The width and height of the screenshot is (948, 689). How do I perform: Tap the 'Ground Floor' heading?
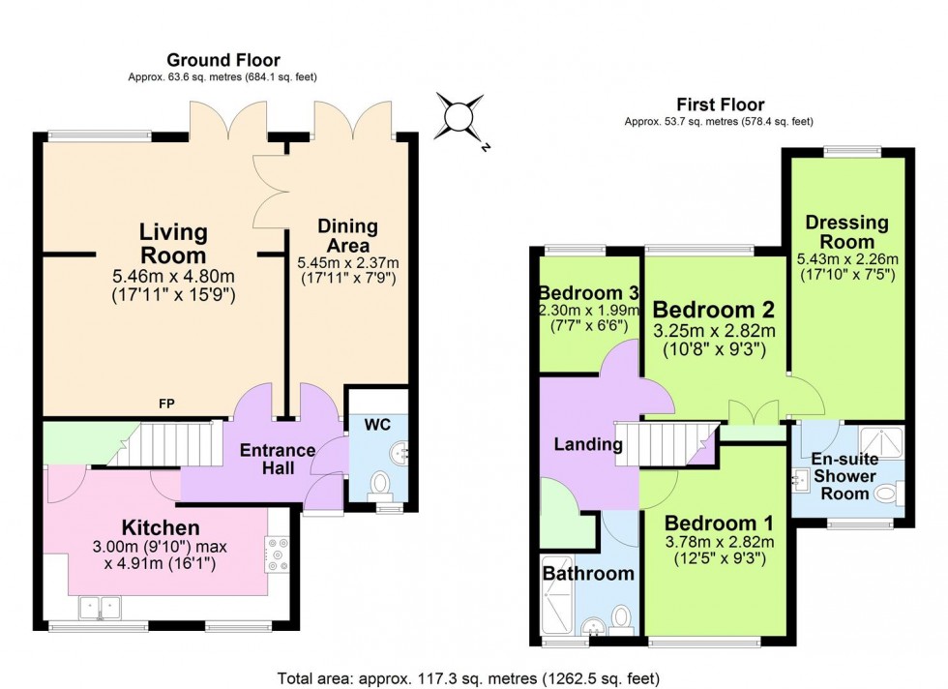pyautogui.click(x=222, y=59)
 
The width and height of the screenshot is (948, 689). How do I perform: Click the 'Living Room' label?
pyautogui.click(x=173, y=244)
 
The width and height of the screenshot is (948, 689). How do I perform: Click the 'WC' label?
pyautogui.click(x=377, y=425)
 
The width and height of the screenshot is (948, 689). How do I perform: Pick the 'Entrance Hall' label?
pyautogui.click(x=277, y=461)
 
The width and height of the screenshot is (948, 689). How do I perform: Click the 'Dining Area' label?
pyautogui.click(x=347, y=236)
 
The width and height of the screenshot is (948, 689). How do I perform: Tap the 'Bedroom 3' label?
pyautogui.click(x=589, y=293)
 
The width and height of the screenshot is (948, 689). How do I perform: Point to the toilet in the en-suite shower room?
pyautogui.click(x=885, y=494)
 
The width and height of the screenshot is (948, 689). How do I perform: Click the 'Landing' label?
pyautogui.click(x=587, y=445)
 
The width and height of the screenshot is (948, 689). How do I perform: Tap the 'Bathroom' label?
pyautogui.click(x=587, y=573)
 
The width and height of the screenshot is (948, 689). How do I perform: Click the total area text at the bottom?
pyautogui.click(x=468, y=677)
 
